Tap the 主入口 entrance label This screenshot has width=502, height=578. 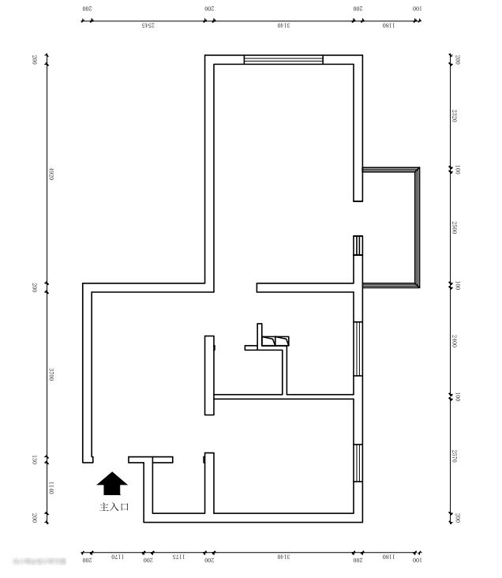114,507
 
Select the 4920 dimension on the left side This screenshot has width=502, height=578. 50,173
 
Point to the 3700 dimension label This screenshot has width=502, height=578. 50,375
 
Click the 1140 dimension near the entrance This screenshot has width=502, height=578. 50,489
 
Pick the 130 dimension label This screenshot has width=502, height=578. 50,460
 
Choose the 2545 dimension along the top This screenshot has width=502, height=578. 148,25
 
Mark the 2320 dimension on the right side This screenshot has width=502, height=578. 455,116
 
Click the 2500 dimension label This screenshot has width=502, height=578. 455,227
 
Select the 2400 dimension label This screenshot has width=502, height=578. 455,341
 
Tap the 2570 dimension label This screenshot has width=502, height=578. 455,456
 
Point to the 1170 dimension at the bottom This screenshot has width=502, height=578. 118,557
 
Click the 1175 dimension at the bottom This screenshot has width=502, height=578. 178,557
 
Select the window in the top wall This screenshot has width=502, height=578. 283,59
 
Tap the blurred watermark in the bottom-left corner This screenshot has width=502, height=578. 39,561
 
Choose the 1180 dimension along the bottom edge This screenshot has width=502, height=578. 388,557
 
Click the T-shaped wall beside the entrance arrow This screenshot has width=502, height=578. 150,460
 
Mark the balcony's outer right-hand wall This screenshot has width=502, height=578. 417,227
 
